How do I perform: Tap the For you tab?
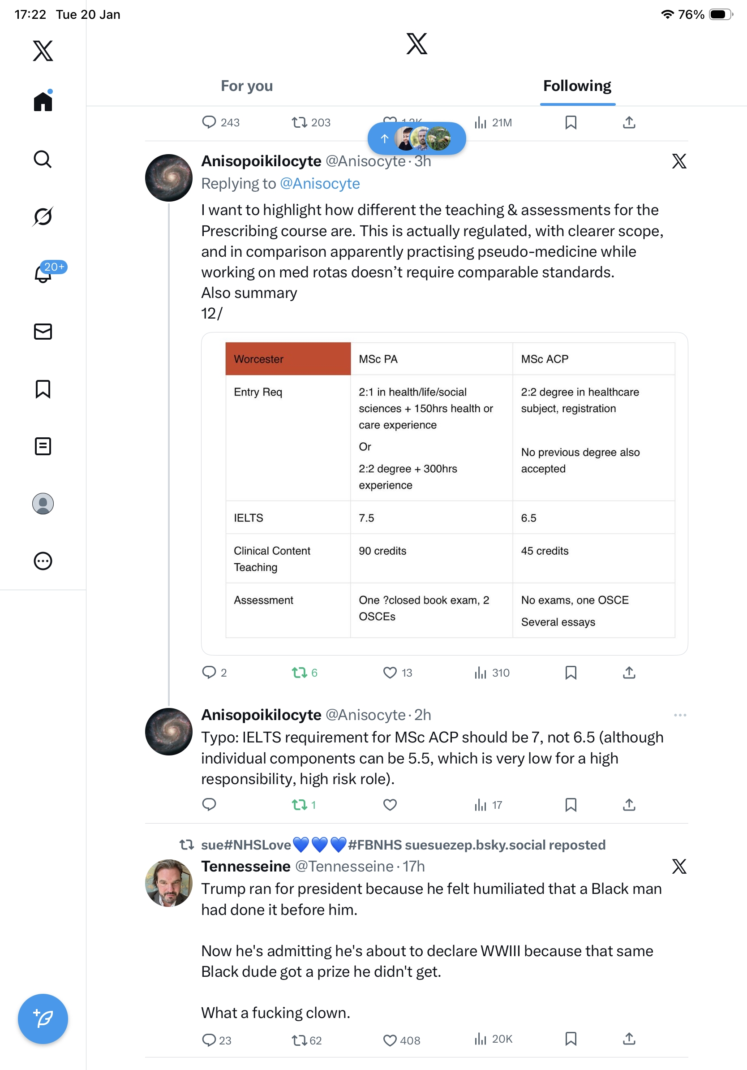point(246,86)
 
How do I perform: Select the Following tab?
point(576,86)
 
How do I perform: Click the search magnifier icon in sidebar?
point(43,160)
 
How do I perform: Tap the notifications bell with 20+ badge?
point(43,274)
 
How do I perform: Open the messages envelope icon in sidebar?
point(43,331)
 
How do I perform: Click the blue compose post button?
point(43,1018)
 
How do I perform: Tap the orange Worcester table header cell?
point(288,359)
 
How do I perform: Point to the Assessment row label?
point(264,600)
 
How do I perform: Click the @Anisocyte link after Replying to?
point(319,184)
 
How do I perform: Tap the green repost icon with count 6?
point(300,673)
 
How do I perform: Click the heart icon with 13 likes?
point(390,673)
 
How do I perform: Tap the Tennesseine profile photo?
point(168,883)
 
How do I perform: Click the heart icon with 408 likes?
point(390,1040)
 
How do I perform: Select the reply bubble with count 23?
point(209,1040)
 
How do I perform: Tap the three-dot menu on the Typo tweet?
point(679,715)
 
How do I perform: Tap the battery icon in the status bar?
point(720,14)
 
